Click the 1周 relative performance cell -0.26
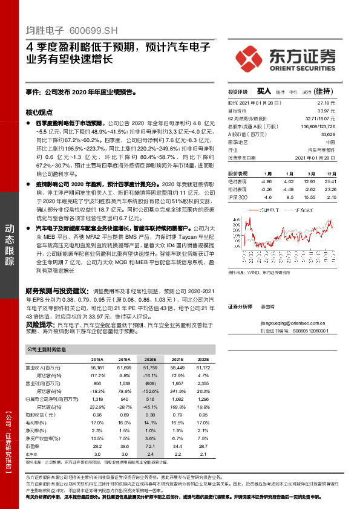[x=267, y=189]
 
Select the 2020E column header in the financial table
[x=150, y=358]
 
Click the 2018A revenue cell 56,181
[x=97, y=368]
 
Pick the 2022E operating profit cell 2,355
[x=204, y=383]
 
